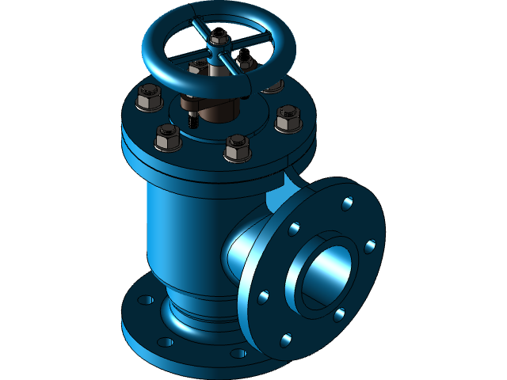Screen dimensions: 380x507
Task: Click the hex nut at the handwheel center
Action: pos(221,37)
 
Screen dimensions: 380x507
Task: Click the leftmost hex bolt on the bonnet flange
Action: pos(148,100)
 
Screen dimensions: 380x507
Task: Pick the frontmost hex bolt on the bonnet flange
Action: pos(237,148)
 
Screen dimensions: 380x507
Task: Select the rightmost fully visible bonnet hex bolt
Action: pos(288,119)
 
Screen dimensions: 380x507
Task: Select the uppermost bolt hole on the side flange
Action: pos(346,204)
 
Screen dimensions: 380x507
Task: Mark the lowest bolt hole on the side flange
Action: pos(284,340)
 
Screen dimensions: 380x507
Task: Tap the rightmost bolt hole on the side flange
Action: pos(369,246)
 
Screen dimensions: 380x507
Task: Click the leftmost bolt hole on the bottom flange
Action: pos(145,302)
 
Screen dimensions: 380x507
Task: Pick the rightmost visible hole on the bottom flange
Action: pos(235,353)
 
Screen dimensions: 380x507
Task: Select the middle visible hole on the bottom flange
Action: pos(166,342)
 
